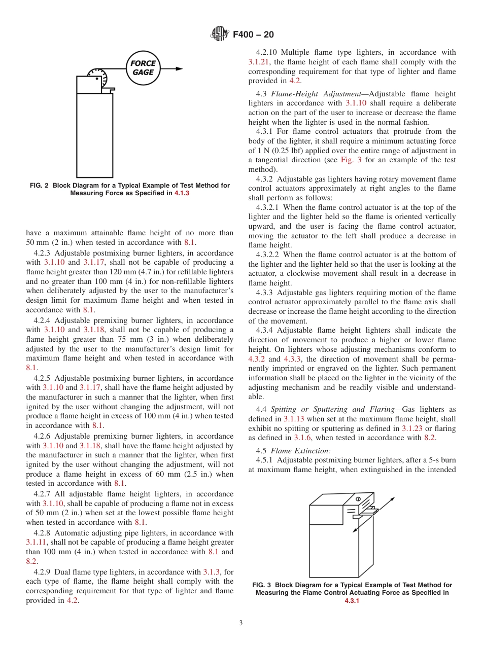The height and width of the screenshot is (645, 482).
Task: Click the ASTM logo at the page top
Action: (220, 34)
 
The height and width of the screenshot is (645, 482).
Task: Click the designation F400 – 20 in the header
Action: (253, 34)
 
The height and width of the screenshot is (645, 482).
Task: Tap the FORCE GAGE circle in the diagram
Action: (143, 68)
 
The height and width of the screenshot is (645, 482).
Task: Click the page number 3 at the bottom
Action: (241, 623)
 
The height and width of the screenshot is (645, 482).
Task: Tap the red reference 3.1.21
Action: (260, 62)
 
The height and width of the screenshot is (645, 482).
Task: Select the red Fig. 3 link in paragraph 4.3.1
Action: (349, 160)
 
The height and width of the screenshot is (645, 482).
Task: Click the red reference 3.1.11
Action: (36, 542)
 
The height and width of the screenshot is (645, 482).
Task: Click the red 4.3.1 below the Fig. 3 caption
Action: (352, 601)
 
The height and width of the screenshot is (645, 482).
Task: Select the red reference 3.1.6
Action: (302, 438)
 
